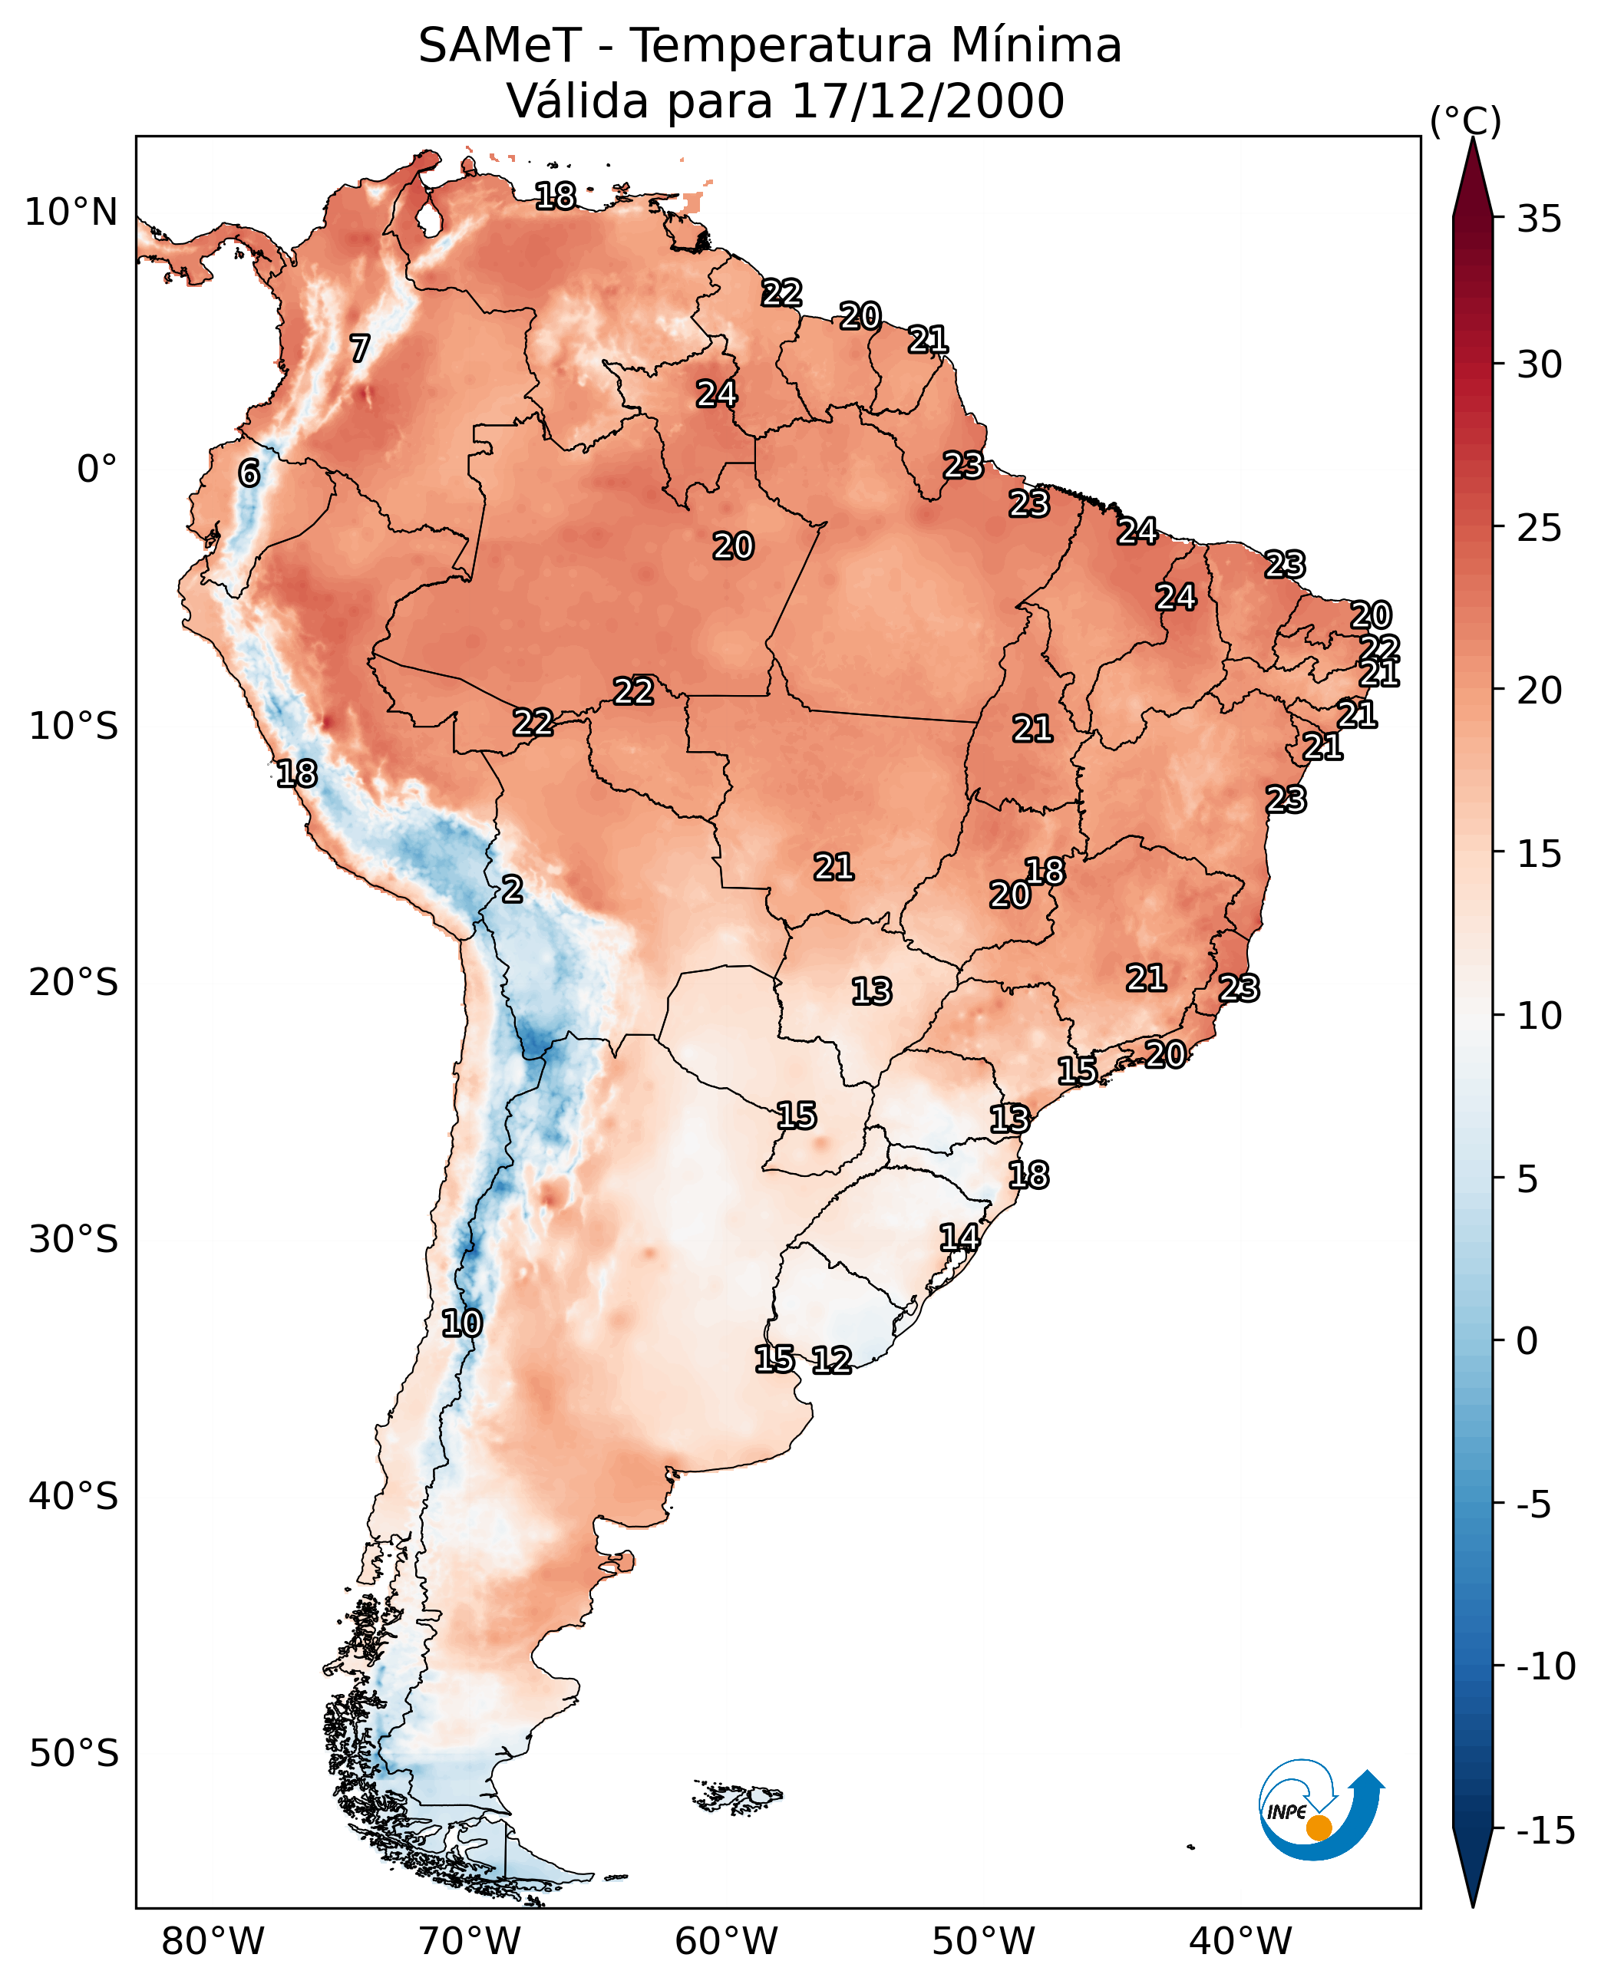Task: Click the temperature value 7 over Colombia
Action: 360,348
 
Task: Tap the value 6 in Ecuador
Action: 249,473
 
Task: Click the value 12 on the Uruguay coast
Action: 831,1359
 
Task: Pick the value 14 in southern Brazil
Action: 959,1238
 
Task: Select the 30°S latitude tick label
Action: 73,1239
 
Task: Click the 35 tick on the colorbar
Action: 1538,219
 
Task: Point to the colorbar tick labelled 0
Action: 1527,1340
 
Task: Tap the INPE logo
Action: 1321,1810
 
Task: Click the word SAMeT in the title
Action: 500,45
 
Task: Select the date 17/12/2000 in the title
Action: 928,101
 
